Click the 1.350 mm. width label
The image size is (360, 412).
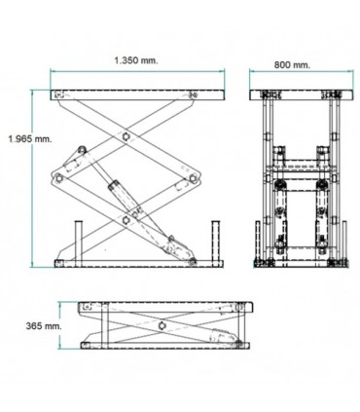135,60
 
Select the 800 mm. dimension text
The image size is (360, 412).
291,65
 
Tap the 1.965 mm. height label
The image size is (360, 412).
26,139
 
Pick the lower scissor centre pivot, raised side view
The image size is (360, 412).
127,219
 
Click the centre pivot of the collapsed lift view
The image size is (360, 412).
158,323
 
